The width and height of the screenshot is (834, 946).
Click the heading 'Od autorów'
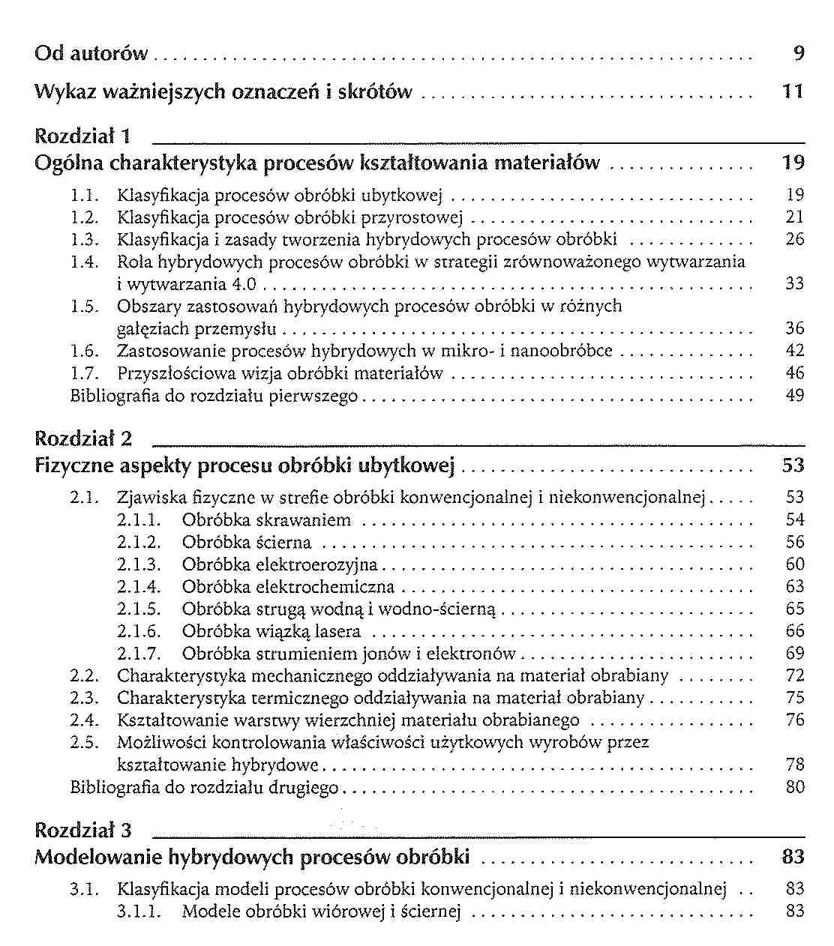pos(91,54)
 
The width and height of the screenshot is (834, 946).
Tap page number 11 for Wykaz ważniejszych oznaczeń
pos(792,92)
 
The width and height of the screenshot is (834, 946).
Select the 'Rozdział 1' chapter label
pos(83,136)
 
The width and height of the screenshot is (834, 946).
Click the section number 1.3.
pos(85,240)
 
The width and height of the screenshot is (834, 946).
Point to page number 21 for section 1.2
pos(795,217)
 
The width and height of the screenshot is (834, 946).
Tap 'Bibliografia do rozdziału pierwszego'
pos(214,396)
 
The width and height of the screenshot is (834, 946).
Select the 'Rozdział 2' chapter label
pos(83,439)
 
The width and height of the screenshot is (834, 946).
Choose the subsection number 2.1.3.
pos(139,564)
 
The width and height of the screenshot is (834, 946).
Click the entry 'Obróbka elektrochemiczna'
pos(287,587)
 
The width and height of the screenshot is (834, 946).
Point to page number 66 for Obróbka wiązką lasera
pos(795,631)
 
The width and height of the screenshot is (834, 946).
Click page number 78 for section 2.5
pos(795,765)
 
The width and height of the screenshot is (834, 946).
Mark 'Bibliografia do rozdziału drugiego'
pos(204,788)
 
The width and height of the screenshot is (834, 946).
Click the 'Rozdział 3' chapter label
pos(83,831)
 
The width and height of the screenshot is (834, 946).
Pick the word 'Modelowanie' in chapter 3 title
pos(98,858)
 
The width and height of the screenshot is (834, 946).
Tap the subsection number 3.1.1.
pos(139,912)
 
